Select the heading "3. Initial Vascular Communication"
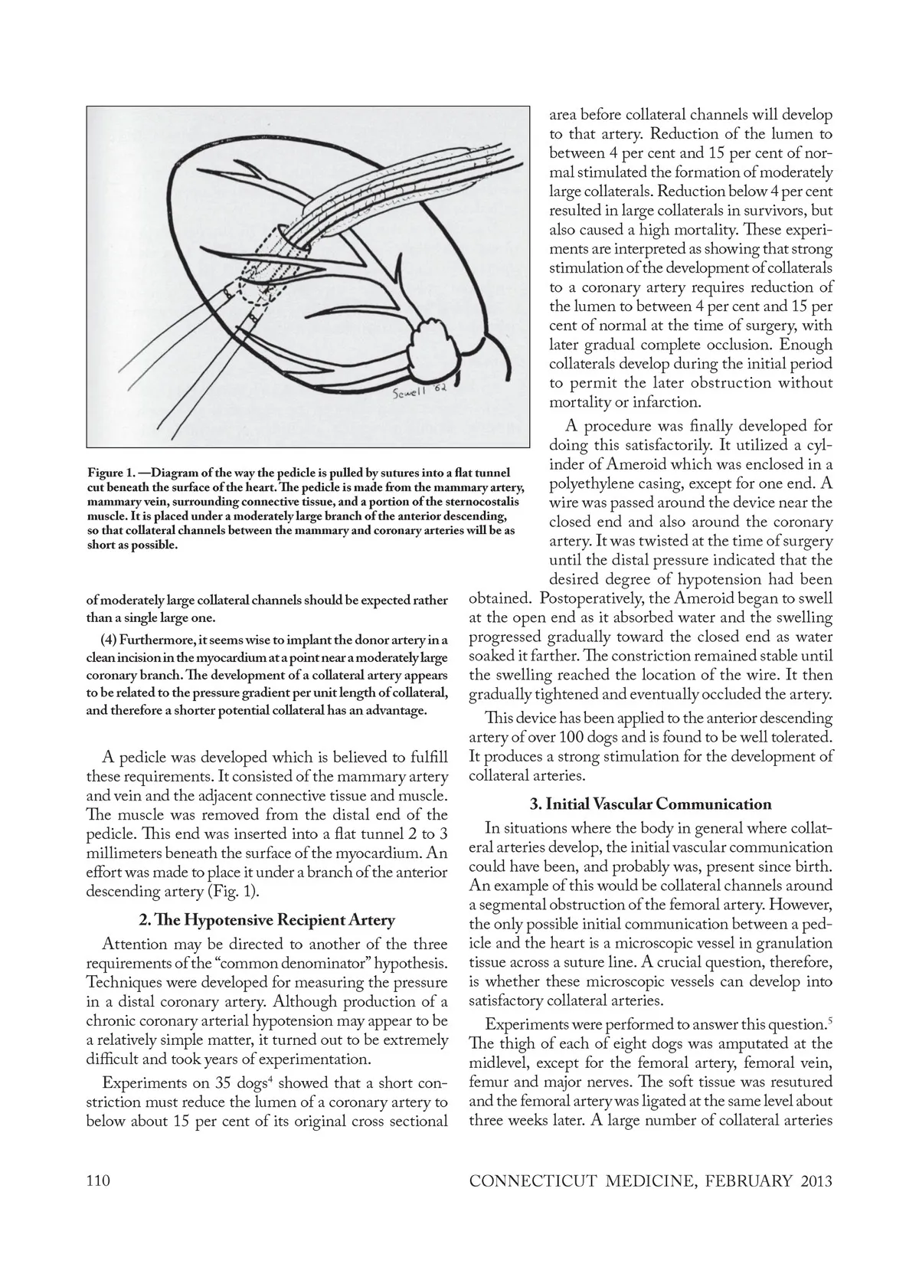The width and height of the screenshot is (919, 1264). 650,804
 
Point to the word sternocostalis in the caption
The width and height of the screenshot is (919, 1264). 483,502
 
